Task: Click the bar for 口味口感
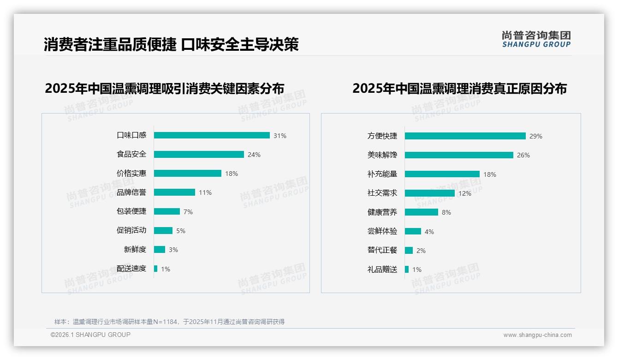[212, 135]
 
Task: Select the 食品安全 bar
[199, 155]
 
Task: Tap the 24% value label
[254, 155]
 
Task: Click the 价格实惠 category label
[131, 174]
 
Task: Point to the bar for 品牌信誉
[174, 192]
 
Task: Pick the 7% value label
[188, 212]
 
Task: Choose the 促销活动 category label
[131, 230]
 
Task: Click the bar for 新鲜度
[160, 250]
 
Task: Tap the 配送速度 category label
[131, 269]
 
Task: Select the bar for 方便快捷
[465, 136]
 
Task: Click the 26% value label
[523, 155]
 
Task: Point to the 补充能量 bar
[442, 174]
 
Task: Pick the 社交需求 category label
[382, 193]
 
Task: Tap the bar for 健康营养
[422, 212]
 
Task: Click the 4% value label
[429, 232]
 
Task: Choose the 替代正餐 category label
[382, 250]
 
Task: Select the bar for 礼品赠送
[407, 270]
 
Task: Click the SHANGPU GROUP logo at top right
[536, 39]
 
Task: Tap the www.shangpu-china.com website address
[537, 335]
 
